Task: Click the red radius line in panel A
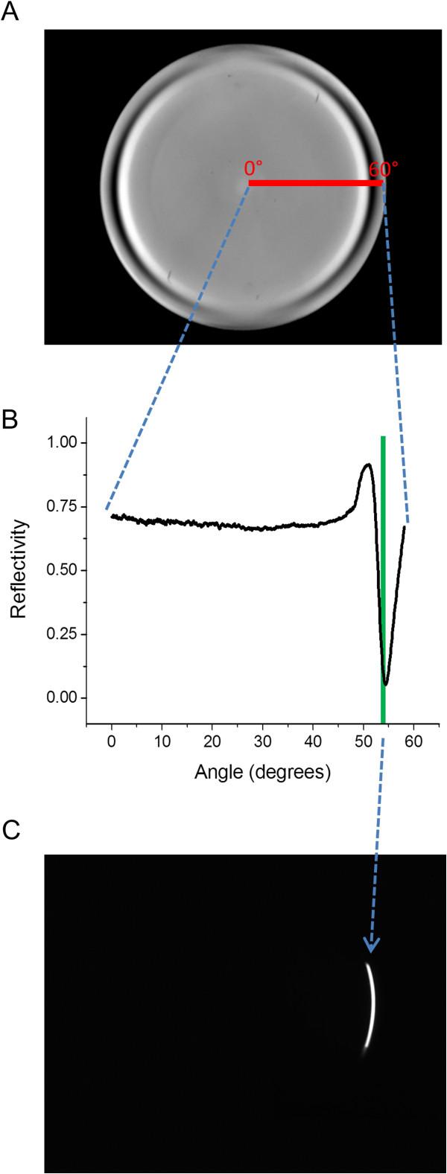[315, 182]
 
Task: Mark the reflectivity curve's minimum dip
[385, 683]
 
